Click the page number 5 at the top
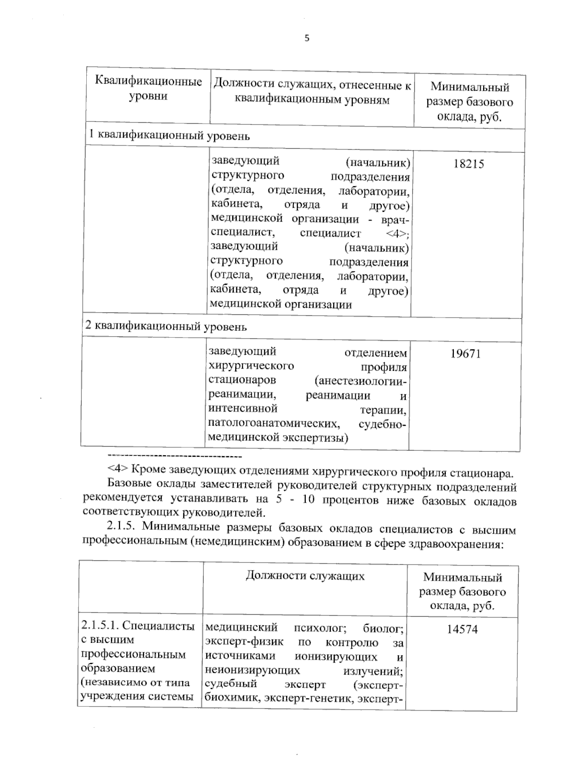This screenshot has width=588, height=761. click(307, 39)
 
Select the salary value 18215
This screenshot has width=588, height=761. click(468, 164)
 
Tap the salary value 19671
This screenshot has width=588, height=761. click(465, 353)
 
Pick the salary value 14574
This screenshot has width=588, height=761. click(462, 629)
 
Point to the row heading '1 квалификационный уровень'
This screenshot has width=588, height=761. click(169, 136)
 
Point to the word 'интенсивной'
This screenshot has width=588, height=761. click(243, 408)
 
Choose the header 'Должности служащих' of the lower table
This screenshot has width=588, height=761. click(305, 575)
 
